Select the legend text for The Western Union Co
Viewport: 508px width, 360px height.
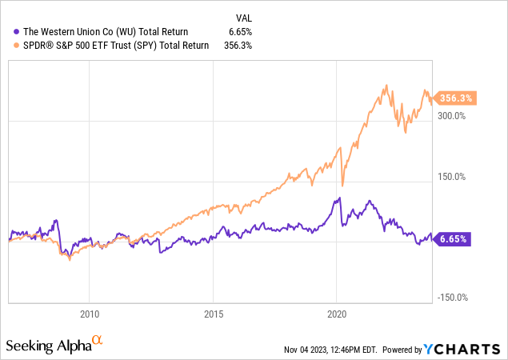pos(106,31)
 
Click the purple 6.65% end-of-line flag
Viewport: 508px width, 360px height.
pos(455,238)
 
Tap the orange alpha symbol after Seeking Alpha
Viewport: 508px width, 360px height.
pos(98,340)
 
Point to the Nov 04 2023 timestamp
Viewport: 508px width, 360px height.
pos(330,350)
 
